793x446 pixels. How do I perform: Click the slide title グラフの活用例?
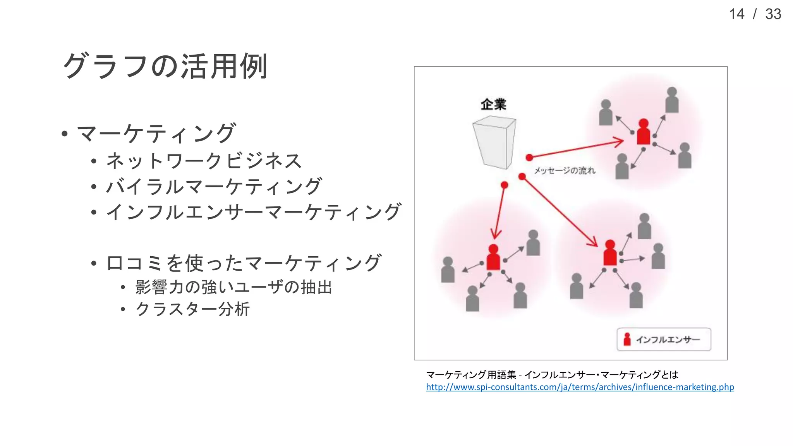tap(165, 66)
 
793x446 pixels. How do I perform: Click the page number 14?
tap(736, 14)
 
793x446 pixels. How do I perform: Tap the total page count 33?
tap(773, 14)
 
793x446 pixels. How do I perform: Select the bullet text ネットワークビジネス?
tap(204, 161)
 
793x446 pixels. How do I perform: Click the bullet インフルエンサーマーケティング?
tap(254, 212)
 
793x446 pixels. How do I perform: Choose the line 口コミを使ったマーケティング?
tap(244, 263)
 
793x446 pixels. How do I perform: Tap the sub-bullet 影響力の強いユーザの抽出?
tap(234, 287)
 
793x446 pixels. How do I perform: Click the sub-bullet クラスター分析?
tap(193, 309)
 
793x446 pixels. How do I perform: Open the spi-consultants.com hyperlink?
tap(580, 387)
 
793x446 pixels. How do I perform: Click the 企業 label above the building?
tap(493, 104)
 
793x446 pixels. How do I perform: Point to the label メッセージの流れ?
tap(565, 170)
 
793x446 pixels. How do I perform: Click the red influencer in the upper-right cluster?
tap(644, 132)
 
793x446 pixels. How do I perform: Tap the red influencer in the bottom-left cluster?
tap(493, 257)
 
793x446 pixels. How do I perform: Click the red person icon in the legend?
tap(627, 340)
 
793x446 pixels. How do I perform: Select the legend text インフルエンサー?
tap(668, 340)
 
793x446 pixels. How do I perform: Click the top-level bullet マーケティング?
tap(156, 134)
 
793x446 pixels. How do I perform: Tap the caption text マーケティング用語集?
tap(471, 375)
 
